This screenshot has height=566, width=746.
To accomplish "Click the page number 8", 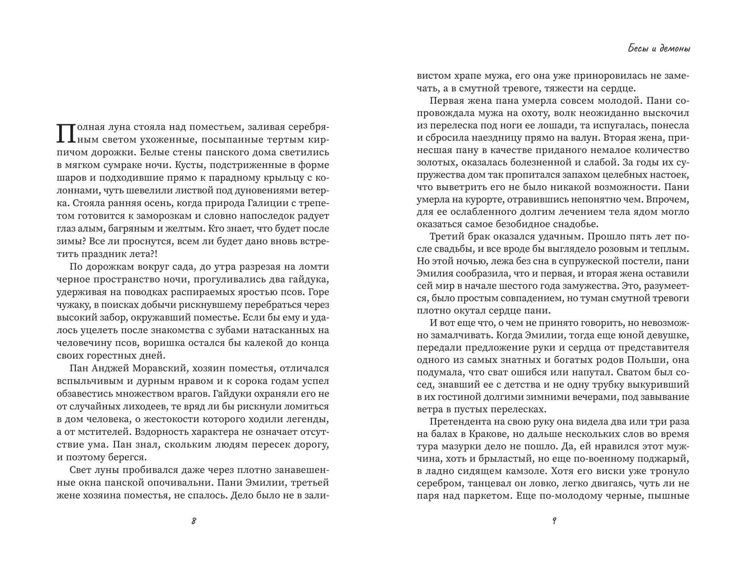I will click(x=194, y=521).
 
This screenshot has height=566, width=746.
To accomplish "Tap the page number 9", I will click(x=554, y=521).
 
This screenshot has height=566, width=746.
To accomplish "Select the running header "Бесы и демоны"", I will click(x=659, y=49).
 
